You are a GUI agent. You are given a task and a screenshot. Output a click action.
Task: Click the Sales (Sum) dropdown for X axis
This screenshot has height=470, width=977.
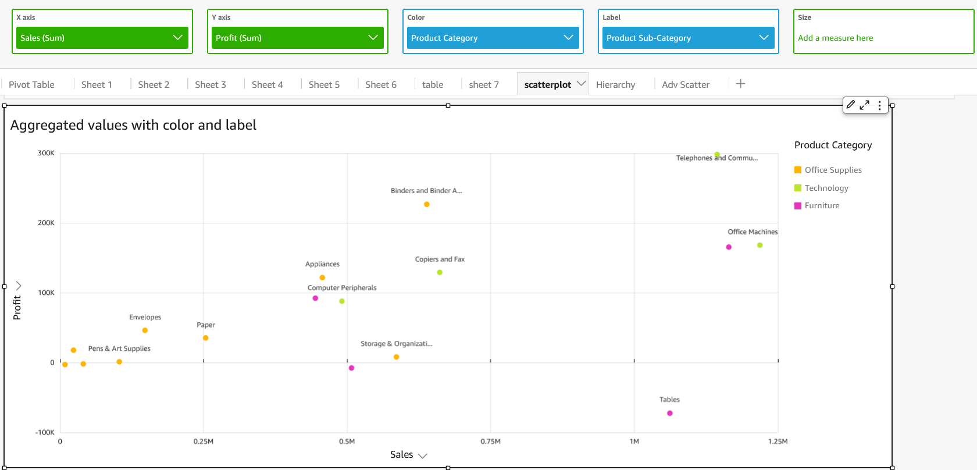(102, 38)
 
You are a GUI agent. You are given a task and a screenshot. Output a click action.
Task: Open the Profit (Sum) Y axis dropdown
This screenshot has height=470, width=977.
(297, 38)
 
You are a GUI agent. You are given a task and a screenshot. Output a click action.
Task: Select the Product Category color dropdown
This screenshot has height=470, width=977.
(493, 38)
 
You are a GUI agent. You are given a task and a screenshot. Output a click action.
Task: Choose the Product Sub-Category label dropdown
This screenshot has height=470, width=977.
(688, 38)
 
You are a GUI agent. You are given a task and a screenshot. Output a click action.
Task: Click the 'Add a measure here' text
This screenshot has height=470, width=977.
(835, 38)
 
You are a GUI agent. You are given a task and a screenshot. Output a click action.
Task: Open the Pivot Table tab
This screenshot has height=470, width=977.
(31, 84)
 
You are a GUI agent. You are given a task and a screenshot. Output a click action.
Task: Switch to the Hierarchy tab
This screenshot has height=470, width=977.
(615, 84)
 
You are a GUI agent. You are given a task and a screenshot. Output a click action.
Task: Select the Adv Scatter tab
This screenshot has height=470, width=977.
(685, 84)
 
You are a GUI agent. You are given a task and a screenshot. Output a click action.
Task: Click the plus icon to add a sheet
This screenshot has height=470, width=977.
(740, 84)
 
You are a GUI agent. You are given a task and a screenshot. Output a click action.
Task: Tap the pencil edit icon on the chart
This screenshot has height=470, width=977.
(851, 105)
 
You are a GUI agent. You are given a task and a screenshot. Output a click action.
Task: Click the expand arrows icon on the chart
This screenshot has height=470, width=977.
(865, 105)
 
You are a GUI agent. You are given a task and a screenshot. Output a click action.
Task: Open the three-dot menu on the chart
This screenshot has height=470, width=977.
(880, 105)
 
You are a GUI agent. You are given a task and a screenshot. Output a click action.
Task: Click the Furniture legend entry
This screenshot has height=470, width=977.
(822, 205)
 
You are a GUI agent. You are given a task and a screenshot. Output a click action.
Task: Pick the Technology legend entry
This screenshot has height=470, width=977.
(826, 188)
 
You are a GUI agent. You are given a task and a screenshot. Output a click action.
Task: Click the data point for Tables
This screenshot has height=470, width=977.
(670, 413)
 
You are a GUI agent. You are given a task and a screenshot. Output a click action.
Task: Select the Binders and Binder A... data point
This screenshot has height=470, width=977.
(427, 204)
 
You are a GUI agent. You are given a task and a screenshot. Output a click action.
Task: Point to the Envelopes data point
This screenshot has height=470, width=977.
(145, 330)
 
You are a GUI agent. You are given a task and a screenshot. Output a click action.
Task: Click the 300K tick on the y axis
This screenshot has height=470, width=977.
(46, 153)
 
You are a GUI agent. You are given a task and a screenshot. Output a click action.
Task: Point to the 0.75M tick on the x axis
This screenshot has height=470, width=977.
(490, 441)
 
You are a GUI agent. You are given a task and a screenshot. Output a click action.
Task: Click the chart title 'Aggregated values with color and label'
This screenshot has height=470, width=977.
(133, 125)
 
